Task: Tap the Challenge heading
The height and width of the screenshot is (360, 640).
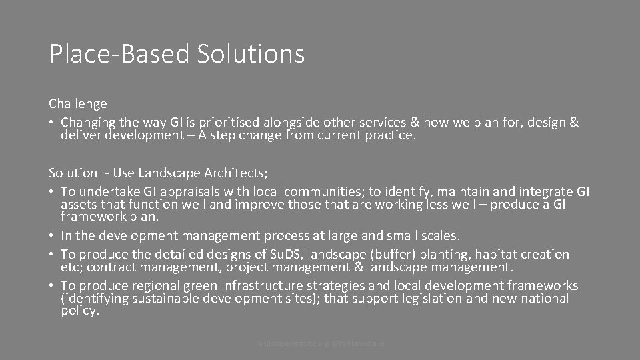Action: (x=78, y=104)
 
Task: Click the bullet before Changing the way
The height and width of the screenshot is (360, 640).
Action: (x=51, y=123)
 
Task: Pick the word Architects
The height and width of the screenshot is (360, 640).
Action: (x=233, y=173)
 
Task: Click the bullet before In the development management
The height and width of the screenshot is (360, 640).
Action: (x=51, y=235)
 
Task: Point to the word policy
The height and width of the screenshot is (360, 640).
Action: (x=80, y=310)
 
